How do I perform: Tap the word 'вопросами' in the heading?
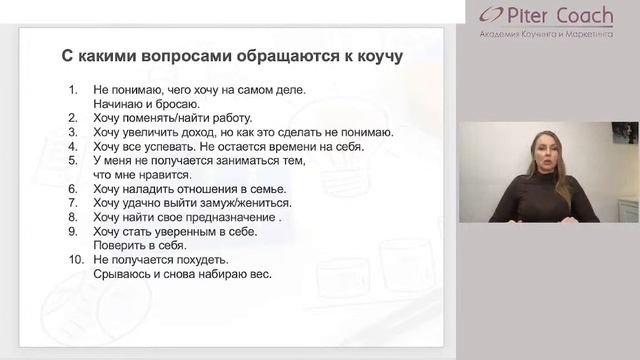coord(169,56)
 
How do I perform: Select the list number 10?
coord(76,259)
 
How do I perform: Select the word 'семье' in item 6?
coord(267,188)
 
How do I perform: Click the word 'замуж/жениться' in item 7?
coord(249,202)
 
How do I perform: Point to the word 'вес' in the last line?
coord(262,273)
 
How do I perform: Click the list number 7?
coord(73,202)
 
